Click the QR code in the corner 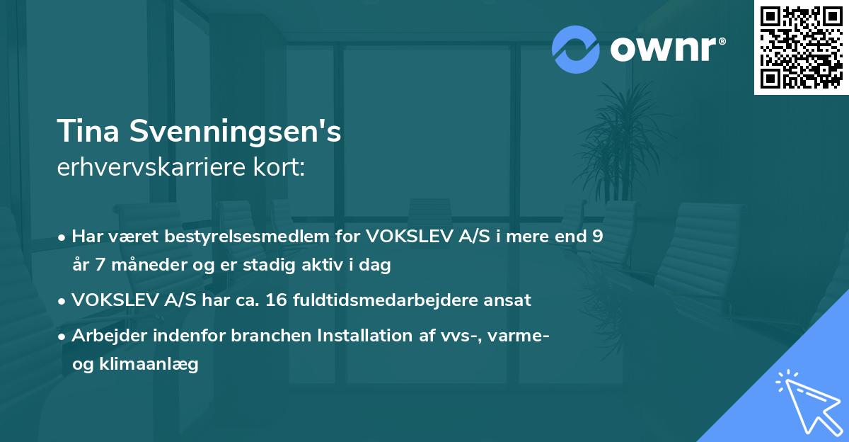pos(801,47)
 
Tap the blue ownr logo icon pos(576,50)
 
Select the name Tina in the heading pos(84,132)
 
